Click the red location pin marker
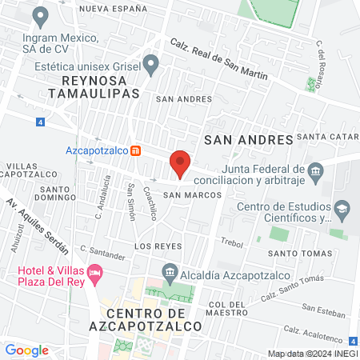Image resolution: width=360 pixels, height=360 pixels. click(180, 163)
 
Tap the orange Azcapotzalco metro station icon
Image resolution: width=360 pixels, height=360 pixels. click(137, 150)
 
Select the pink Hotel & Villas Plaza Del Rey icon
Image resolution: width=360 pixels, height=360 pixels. click(95, 274)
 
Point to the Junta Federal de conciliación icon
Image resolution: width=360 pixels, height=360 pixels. click(315, 170)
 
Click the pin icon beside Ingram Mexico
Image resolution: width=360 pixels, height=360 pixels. click(40, 16)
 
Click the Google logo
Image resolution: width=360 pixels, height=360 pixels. click(26, 350)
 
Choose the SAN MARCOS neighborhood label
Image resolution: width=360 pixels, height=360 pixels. click(186, 194)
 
